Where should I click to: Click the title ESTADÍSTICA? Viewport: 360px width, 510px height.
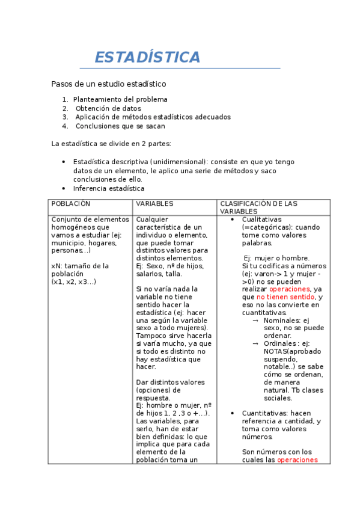tap(147, 57)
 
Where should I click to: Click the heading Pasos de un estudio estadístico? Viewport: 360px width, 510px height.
tap(108, 84)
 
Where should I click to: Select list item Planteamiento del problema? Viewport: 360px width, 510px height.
tap(120, 99)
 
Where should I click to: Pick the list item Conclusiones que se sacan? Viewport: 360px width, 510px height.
tap(120, 126)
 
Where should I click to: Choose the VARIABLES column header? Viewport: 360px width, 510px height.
tap(154, 204)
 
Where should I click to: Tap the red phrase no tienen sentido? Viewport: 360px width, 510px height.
tap(285, 296)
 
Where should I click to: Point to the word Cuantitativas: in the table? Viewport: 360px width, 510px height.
tap(264, 413)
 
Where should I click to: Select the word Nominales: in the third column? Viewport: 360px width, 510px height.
tap(282, 321)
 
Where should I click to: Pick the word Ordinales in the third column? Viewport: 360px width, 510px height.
tap(281, 343)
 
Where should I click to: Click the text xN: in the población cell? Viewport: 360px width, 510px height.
tap(57, 266)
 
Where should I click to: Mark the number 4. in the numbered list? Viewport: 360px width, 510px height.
tap(65, 126)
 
